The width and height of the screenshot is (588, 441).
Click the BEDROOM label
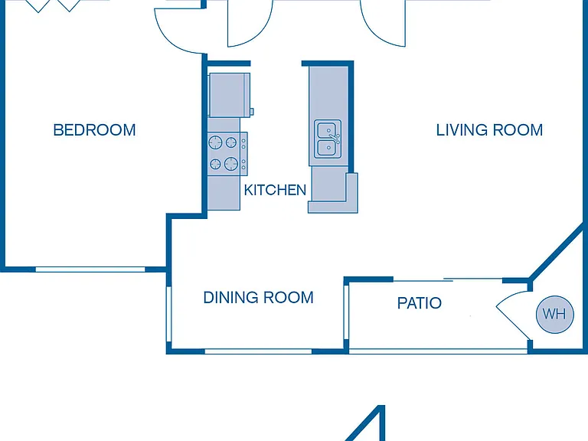point(94,130)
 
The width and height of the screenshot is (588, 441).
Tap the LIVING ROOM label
point(489,130)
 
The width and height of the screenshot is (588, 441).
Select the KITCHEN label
point(275,190)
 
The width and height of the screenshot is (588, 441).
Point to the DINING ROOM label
point(258,297)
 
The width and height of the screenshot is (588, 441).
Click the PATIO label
point(420,303)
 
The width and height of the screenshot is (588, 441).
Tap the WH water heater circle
point(554,314)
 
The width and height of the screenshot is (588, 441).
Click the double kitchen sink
point(328,139)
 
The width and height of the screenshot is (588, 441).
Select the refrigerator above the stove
point(230,95)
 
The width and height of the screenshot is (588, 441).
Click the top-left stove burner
point(215,142)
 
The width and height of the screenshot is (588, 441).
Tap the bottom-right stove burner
point(231,164)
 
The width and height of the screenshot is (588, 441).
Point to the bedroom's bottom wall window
point(90,269)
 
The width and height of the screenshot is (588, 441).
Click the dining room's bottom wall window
point(258,351)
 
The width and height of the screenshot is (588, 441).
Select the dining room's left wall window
point(168,314)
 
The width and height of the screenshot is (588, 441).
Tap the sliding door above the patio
point(448,279)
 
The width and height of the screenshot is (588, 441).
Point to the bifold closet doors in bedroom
point(54,5)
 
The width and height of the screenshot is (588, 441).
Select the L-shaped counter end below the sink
point(333,193)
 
